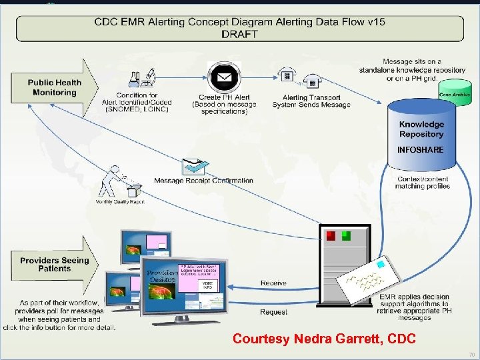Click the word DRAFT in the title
[x=239, y=33]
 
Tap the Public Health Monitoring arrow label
[x=54, y=87]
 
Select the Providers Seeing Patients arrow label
[x=55, y=264]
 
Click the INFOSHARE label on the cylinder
[x=420, y=150]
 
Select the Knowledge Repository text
[x=421, y=129]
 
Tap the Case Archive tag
[x=455, y=95]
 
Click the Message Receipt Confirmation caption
[x=203, y=181]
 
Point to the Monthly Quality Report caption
[x=120, y=201]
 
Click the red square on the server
[x=331, y=235]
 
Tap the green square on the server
[x=346, y=235]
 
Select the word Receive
[x=273, y=283]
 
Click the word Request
[x=273, y=312]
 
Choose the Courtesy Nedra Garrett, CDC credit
[x=324, y=339]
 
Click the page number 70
[x=471, y=355]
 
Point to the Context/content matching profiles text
[x=423, y=183]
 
